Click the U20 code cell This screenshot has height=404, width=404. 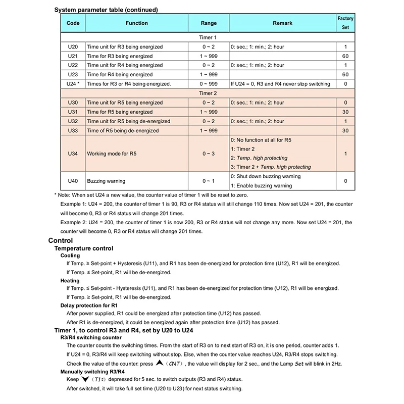pyautogui.click(x=73, y=46)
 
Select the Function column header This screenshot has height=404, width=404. pyautogui.click(x=136, y=23)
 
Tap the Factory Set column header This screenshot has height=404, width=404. pyautogui.click(x=345, y=23)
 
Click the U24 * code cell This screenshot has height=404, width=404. pyautogui.click(x=73, y=84)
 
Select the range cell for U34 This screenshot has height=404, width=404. pyautogui.click(x=209, y=153)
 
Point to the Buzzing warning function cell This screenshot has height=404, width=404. pyautogui.click(x=106, y=180)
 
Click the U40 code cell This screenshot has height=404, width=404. pyautogui.click(x=73, y=180)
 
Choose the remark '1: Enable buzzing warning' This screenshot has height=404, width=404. pyautogui.click(x=261, y=186)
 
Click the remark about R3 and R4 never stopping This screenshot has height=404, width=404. pyautogui.click(x=280, y=84)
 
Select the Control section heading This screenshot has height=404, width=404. pyautogui.click(x=60, y=240)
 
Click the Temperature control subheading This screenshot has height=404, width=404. pyautogui.click(x=84, y=248)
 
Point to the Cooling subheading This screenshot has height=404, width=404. pyautogui.click(x=70, y=256)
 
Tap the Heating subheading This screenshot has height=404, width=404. pyautogui.click(x=70, y=280)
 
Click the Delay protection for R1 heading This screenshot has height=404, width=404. pyautogui.click(x=89, y=306)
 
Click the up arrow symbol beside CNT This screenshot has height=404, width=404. pyautogui.click(x=160, y=363)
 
